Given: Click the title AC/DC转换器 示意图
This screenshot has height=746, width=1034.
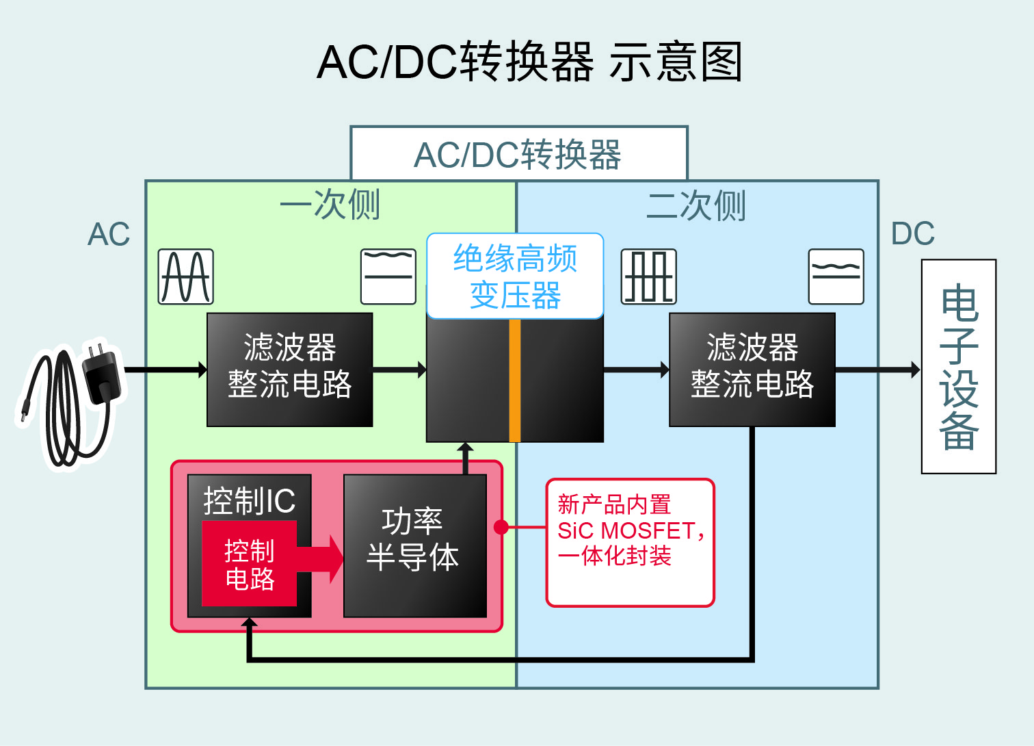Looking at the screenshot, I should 530,62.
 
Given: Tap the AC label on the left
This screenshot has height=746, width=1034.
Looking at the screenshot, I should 109,235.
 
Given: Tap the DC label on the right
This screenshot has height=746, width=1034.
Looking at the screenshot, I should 912,234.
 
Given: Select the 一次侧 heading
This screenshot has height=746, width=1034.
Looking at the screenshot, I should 330,204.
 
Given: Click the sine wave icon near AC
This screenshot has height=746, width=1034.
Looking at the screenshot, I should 186,276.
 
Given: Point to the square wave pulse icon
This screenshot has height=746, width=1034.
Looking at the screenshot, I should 648,276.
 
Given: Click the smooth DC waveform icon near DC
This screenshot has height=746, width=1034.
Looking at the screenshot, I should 836,276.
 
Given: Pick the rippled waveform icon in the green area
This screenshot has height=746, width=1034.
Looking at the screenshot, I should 388,276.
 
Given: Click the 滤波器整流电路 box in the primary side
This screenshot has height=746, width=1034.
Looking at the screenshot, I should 290,370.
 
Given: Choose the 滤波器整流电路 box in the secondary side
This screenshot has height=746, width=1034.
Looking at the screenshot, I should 752,370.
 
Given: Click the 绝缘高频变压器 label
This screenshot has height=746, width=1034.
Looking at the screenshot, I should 515,276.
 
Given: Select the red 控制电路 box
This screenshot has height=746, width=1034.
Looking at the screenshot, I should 250,564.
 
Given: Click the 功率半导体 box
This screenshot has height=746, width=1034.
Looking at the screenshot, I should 414,546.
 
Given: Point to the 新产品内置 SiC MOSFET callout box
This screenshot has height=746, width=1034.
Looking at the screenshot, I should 630,542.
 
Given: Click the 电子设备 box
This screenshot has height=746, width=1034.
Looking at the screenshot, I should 959,367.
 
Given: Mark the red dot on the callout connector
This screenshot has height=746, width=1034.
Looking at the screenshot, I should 501,527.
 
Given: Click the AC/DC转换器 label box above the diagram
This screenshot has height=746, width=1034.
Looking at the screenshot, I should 518,154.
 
